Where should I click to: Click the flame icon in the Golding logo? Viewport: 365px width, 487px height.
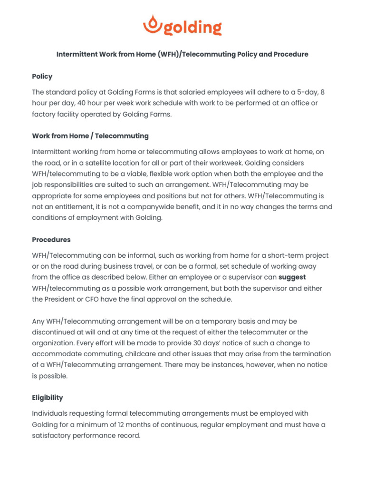coord(152,24)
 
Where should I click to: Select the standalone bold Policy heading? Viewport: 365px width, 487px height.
coord(42,77)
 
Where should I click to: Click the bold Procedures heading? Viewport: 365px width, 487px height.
coord(51,240)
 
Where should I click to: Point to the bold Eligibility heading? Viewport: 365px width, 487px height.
coord(48,398)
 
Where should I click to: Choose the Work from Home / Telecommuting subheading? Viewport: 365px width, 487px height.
coord(90,136)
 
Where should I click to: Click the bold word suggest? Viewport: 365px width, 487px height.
coord(292,277)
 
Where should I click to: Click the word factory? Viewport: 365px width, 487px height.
coord(45,115)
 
